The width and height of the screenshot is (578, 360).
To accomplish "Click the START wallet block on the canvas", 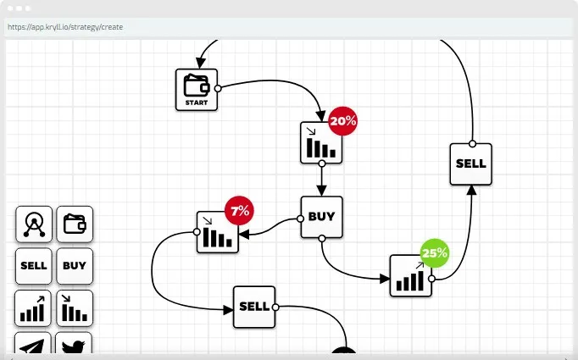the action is (x=197, y=90).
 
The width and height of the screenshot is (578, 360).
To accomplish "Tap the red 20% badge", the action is (x=343, y=121).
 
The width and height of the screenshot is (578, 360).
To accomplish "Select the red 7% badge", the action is (x=239, y=211).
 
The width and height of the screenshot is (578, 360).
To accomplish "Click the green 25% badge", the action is (x=435, y=253).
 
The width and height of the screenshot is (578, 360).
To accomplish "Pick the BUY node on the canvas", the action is (x=321, y=217).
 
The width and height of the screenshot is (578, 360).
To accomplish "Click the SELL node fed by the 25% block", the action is (x=470, y=164).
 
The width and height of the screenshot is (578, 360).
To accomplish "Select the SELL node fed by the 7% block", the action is (x=254, y=307).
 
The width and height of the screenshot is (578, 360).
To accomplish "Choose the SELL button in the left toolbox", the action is (x=34, y=266).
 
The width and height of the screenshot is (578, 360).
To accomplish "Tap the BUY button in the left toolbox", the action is (x=75, y=266).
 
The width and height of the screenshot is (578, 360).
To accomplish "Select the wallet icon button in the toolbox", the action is (x=75, y=224).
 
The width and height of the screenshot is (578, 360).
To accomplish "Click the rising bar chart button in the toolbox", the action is (x=33, y=308).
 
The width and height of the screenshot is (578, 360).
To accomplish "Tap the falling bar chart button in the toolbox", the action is (x=75, y=308).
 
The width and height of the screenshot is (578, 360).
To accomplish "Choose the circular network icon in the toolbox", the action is (x=34, y=224).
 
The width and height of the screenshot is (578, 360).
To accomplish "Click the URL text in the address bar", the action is (x=65, y=27).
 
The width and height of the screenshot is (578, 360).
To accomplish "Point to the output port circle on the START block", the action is (x=218, y=88).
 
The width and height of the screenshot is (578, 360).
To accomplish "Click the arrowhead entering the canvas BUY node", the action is (x=321, y=191).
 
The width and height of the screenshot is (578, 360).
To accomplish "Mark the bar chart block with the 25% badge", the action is (x=411, y=275).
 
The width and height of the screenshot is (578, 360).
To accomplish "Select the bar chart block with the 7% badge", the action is (x=218, y=232).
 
